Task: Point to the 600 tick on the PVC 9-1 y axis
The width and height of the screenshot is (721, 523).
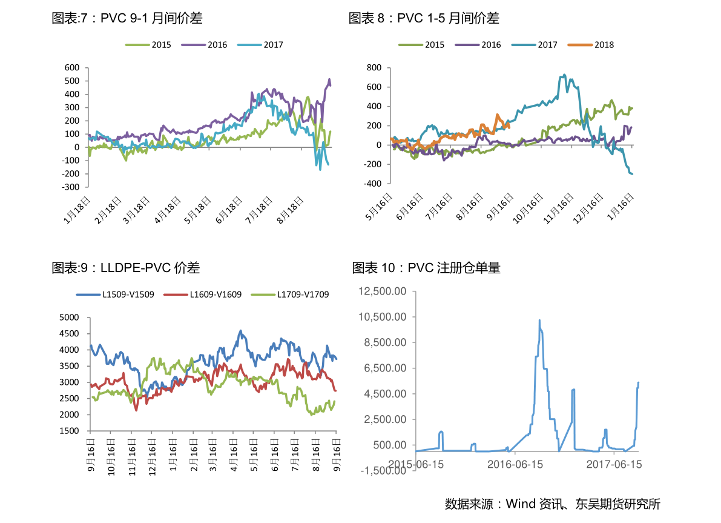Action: tap(72, 67)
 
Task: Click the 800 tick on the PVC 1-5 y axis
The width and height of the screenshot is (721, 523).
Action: tap(374, 67)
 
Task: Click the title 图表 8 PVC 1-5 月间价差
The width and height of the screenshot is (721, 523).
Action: tap(423, 19)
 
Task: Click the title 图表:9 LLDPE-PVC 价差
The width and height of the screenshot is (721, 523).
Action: tap(125, 267)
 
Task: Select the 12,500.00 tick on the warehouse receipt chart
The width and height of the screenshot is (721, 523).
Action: tap(381, 291)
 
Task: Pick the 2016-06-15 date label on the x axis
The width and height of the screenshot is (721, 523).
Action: tap(515, 464)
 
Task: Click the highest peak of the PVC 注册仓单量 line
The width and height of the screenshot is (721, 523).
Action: tap(539, 320)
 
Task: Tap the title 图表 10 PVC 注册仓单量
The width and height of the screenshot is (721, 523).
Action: tap(426, 267)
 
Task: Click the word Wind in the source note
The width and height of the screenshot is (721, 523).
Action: tap(520, 504)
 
